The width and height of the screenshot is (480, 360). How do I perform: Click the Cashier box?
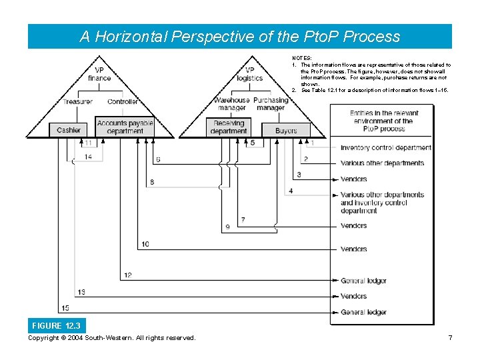(x=68, y=130)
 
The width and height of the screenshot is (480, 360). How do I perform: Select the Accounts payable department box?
(x=125, y=127)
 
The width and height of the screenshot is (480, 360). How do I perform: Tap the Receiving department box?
(x=229, y=127)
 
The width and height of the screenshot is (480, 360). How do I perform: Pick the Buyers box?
(x=286, y=131)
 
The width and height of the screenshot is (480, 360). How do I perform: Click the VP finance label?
(x=99, y=74)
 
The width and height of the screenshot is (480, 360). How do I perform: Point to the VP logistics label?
(x=250, y=74)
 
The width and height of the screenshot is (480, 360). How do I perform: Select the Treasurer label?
(x=77, y=101)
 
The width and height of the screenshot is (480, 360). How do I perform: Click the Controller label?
(x=123, y=101)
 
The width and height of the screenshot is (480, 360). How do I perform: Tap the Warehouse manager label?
(x=231, y=104)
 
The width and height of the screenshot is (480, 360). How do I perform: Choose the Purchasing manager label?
(x=271, y=104)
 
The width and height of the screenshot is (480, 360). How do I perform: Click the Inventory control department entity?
(x=385, y=147)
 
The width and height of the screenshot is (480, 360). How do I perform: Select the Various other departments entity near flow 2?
(x=382, y=163)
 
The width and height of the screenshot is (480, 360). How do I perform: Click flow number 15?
(x=65, y=308)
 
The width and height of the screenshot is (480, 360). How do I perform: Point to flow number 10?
(x=145, y=245)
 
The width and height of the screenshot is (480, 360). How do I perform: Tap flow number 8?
(x=152, y=182)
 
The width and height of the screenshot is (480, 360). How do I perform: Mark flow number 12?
(x=127, y=275)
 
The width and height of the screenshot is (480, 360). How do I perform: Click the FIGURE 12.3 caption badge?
(x=56, y=326)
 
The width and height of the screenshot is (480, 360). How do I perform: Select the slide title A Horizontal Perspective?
(x=240, y=37)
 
